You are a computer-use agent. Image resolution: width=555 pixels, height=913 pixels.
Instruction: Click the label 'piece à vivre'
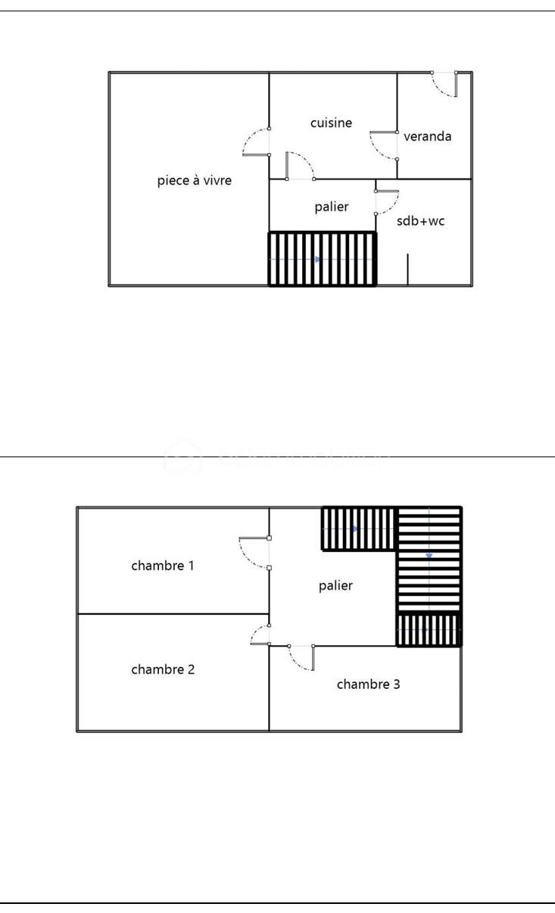[x=194, y=180]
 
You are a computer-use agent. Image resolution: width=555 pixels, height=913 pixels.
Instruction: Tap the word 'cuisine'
[x=331, y=123]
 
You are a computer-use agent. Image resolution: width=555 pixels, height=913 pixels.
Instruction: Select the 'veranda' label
[x=427, y=136]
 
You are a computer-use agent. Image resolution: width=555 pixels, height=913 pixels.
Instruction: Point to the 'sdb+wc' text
[x=421, y=222]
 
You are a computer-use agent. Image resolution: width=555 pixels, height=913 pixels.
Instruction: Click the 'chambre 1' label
[x=163, y=566]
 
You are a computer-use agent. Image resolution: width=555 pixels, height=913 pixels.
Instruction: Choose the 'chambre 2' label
[x=163, y=669]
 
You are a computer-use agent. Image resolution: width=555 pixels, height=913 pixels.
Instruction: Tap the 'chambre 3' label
[x=368, y=684]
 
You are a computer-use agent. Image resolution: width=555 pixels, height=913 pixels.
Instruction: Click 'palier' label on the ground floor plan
[x=332, y=207]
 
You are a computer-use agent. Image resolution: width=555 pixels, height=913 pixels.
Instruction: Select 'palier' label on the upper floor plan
[x=335, y=585]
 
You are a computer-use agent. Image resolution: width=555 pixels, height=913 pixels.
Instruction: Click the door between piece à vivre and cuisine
[x=257, y=142]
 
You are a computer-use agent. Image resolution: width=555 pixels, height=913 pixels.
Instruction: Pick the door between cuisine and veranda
[x=384, y=145]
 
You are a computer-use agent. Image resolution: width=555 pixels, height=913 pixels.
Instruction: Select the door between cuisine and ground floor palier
[x=300, y=167]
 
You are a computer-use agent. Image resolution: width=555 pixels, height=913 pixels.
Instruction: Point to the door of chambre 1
[x=254, y=553]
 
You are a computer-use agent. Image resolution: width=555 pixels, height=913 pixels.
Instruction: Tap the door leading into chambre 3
[x=301, y=657]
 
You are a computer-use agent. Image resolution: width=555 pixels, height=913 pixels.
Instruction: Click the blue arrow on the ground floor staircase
[x=318, y=260]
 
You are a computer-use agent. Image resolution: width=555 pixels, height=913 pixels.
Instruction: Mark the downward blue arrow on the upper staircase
[x=429, y=556]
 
